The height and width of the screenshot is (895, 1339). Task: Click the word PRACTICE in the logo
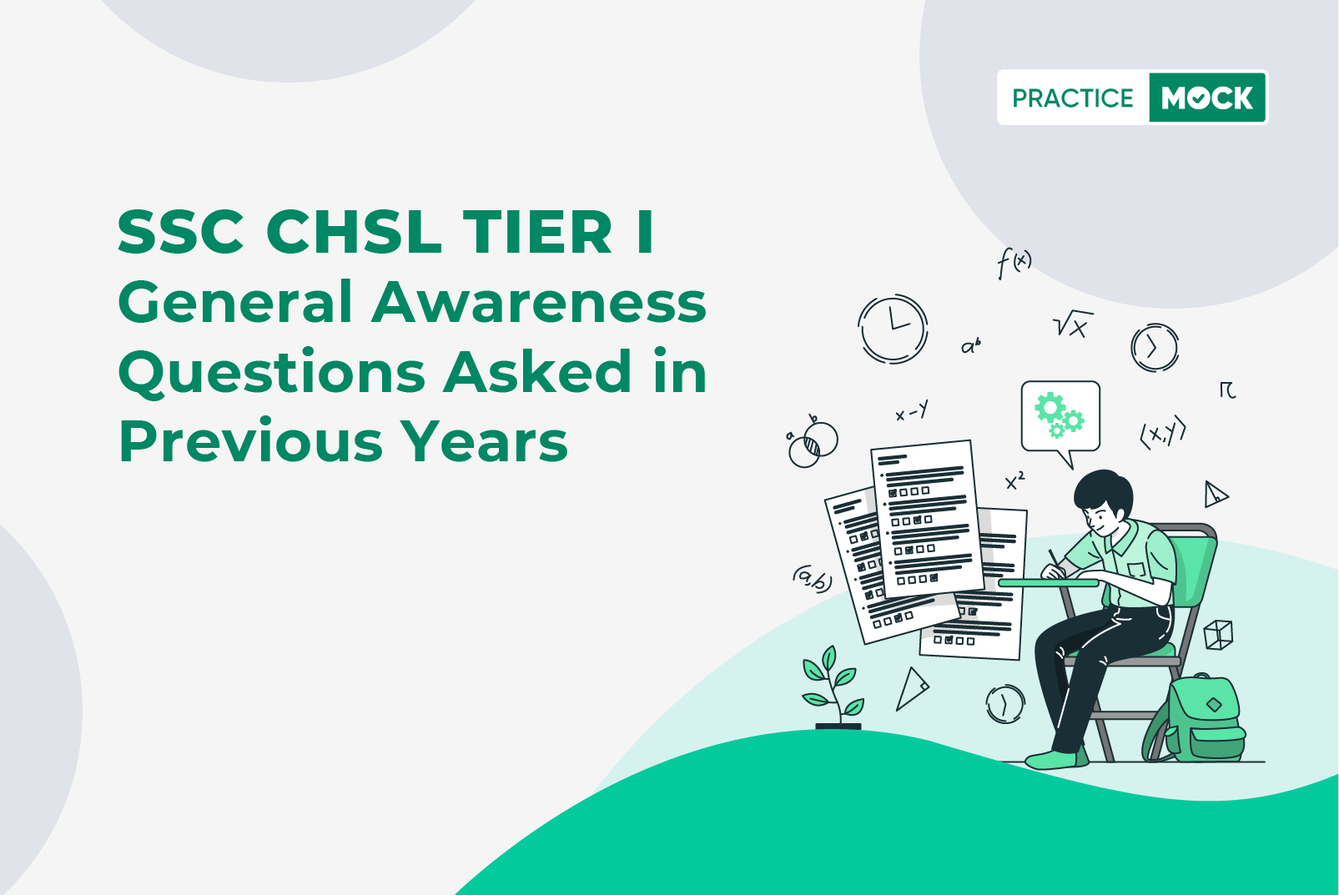click(x=1072, y=98)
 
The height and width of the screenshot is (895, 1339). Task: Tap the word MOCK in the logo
click(x=1207, y=98)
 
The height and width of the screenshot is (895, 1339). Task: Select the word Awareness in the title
click(x=539, y=302)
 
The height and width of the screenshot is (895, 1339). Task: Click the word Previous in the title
click(x=250, y=441)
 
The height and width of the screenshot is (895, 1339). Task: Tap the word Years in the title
click(x=484, y=441)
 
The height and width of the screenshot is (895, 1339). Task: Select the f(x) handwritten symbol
click(x=1014, y=264)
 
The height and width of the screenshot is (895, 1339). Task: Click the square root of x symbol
click(x=1072, y=324)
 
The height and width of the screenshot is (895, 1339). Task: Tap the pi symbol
click(x=1227, y=390)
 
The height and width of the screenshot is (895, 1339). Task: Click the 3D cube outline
click(x=1218, y=635)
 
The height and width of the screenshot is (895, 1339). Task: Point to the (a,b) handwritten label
click(x=813, y=578)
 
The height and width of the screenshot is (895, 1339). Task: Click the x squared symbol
click(x=1014, y=481)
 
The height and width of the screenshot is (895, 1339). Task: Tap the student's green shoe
click(x=1056, y=760)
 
